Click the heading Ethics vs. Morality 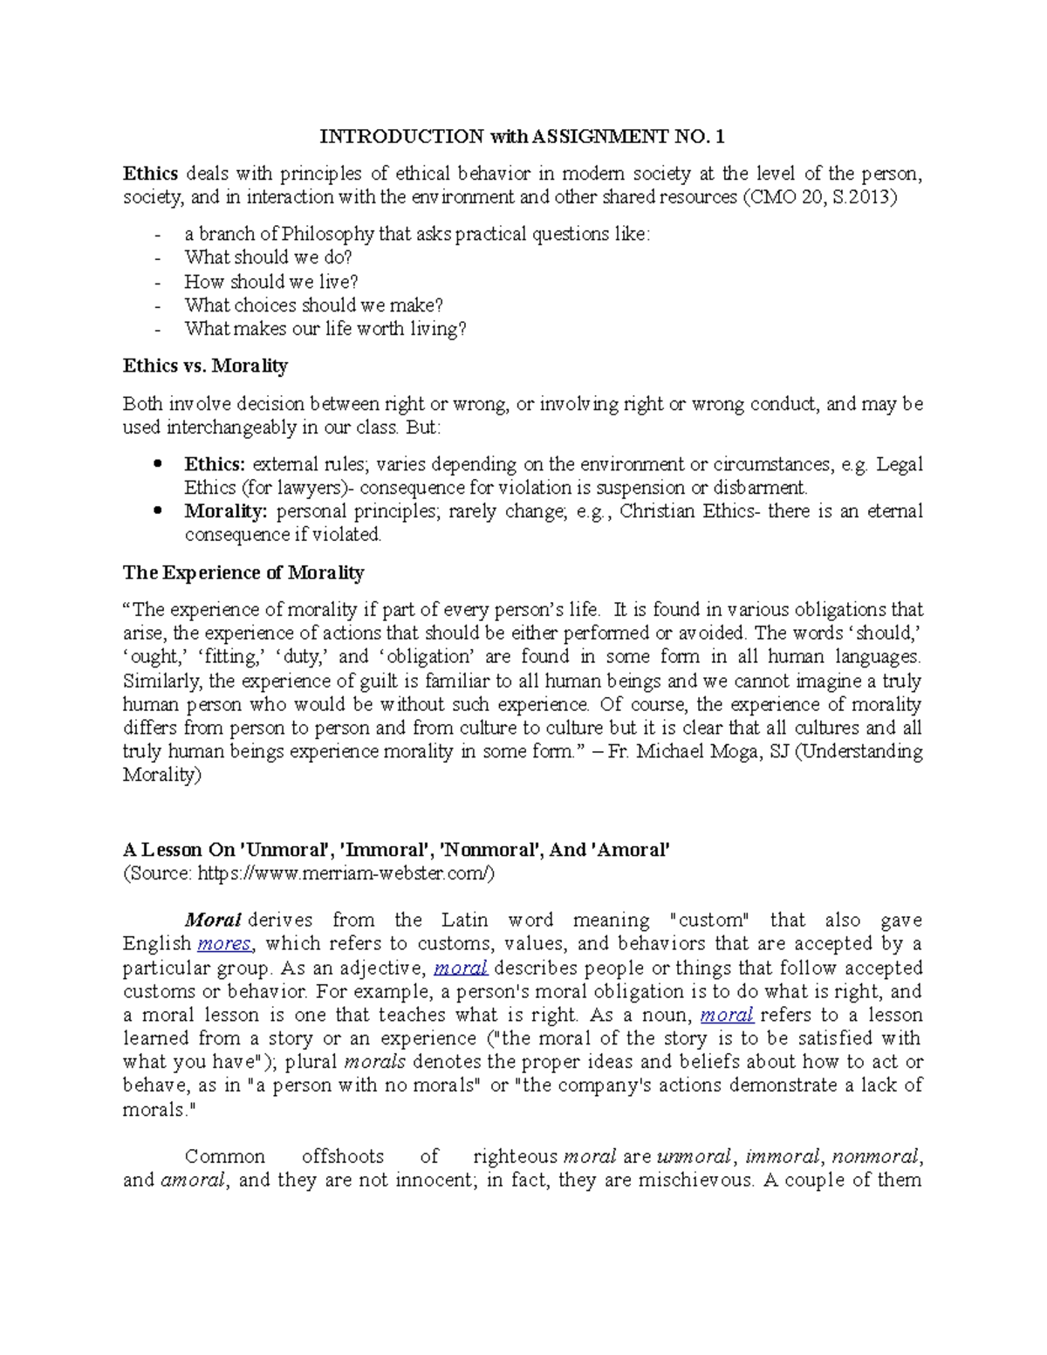click(x=205, y=366)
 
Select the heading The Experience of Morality click(x=243, y=572)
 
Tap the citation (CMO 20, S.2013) click(x=818, y=197)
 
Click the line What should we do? click(x=268, y=257)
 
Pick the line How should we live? click(x=271, y=282)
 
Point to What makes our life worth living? click(x=325, y=329)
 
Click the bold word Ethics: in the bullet click(x=215, y=463)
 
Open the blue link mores click(x=224, y=943)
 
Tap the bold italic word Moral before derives click(x=212, y=920)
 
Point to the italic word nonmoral click(x=875, y=1157)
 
